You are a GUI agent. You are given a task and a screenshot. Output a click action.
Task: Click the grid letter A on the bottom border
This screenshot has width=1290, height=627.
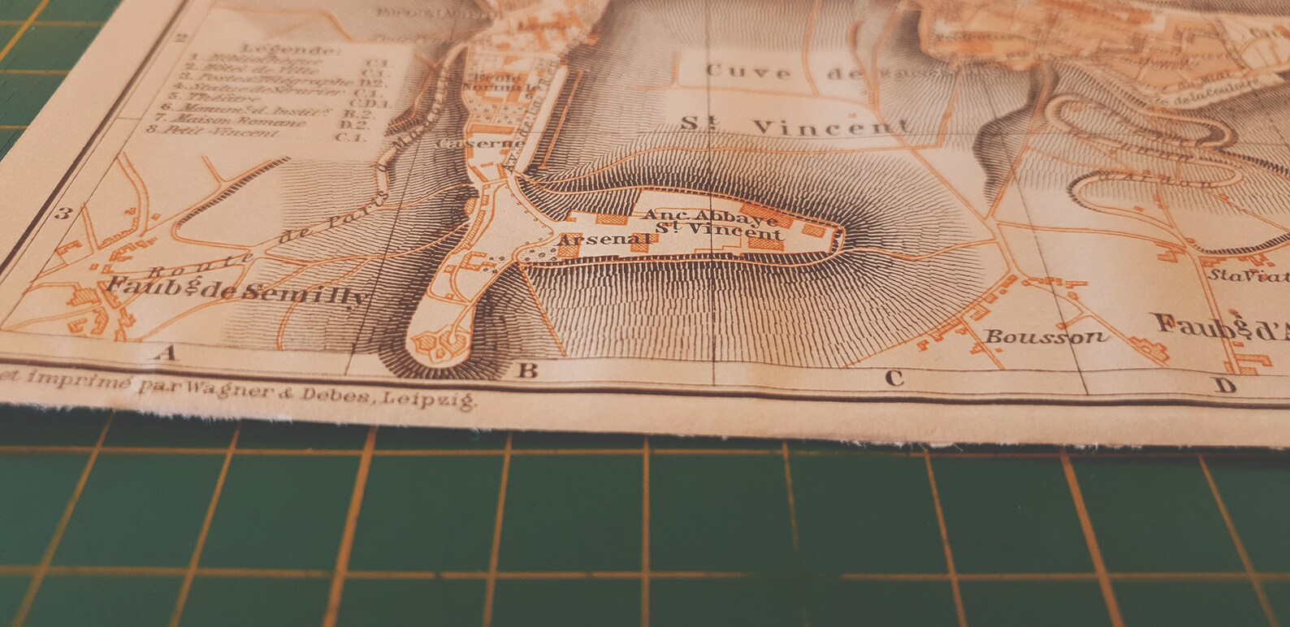[x=168, y=352]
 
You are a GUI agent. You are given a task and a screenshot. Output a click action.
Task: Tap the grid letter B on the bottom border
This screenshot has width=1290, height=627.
[x=527, y=371]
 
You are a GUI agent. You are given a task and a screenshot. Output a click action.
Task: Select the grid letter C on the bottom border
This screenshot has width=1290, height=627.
[x=894, y=378]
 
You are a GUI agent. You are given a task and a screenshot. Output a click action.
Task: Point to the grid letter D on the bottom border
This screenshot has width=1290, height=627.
[x=1225, y=386]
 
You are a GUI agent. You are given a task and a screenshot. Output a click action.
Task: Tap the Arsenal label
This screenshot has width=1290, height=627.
[x=605, y=240]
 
